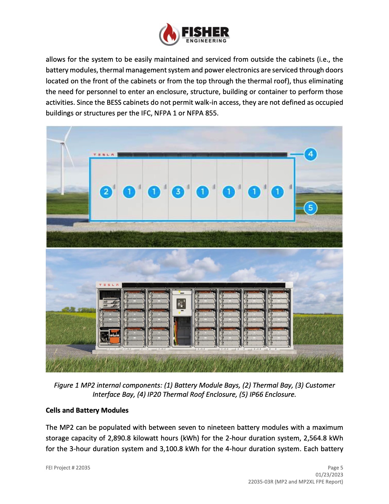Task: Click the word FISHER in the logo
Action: (205, 32)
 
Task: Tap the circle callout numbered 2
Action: (106, 192)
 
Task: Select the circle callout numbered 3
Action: (178, 192)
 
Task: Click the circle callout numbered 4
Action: (310, 154)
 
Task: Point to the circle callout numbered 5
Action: (310, 208)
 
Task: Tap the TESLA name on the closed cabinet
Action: (104, 155)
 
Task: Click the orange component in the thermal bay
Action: (114, 339)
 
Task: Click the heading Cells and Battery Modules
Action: (87, 410)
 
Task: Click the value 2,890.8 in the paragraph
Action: (119, 438)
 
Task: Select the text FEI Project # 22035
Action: (68, 468)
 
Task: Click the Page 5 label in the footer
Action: (335, 468)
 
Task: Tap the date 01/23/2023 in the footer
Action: (329, 475)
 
